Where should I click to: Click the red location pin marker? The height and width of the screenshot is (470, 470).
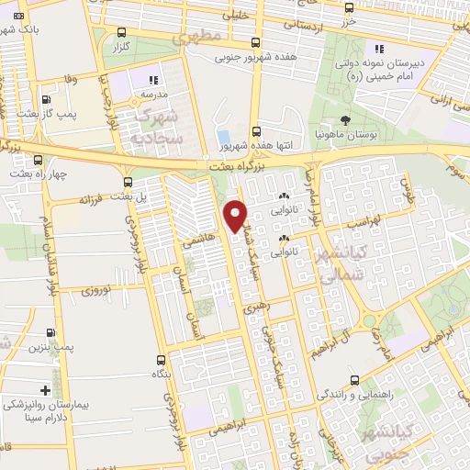pos(236,215)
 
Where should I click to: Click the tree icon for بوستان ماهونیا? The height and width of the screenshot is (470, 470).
pos(345,119)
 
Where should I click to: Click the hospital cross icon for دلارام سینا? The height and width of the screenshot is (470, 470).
pos(46,390)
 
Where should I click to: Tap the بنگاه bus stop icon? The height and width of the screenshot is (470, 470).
pos(162,360)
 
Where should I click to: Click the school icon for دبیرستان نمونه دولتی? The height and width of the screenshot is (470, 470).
pos(377,48)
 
